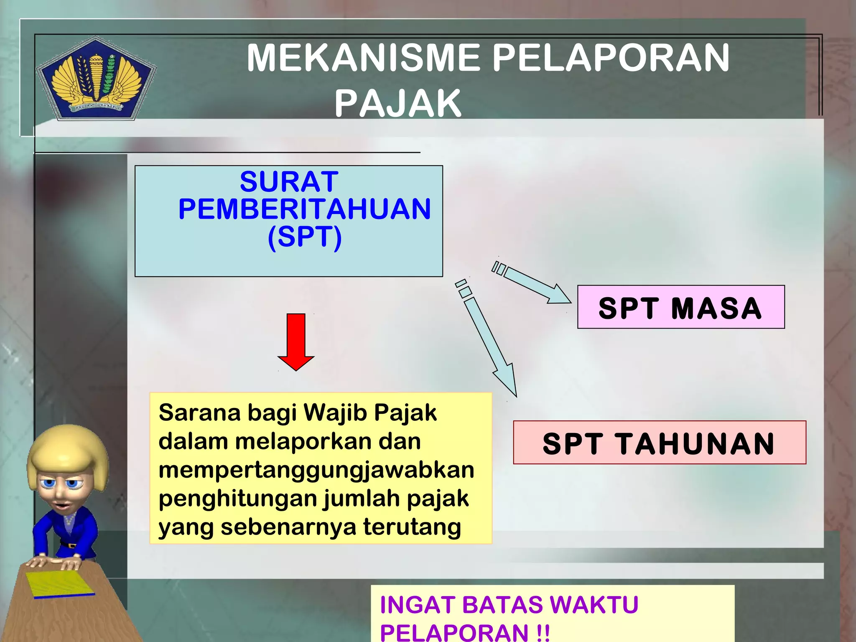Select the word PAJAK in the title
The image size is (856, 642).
[x=397, y=103]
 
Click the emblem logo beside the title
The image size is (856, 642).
[x=96, y=79]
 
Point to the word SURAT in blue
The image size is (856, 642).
[x=289, y=181]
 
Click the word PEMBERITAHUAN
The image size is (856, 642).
[x=304, y=209]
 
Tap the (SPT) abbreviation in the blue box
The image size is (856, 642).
[x=305, y=237]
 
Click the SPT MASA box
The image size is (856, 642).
[x=680, y=307]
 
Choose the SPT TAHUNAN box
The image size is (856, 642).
[x=659, y=443]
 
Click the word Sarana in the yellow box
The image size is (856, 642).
[x=199, y=413]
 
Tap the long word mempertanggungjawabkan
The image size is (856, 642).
[x=316, y=470]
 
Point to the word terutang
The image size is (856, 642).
[x=412, y=527]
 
